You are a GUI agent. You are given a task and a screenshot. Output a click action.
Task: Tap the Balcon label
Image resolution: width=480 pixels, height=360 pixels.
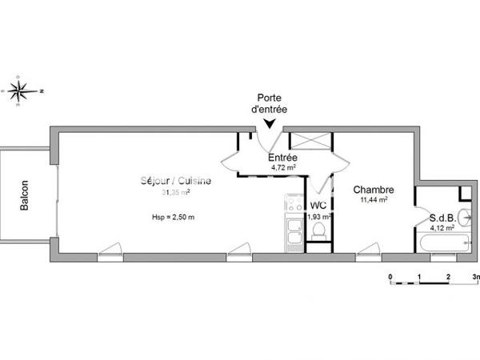click(x=26, y=194)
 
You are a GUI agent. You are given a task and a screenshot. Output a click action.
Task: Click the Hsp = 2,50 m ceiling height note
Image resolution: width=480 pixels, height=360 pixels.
click(x=173, y=218)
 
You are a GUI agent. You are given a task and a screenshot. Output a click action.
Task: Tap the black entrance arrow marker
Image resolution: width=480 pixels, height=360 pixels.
click(x=272, y=122)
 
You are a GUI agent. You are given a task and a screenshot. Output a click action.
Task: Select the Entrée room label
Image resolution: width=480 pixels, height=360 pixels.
click(x=282, y=157)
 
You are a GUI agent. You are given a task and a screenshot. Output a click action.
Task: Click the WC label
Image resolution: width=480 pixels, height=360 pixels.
click(x=318, y=206)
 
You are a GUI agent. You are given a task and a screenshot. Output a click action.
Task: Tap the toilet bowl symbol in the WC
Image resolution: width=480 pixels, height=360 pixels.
click(x=319, y=232)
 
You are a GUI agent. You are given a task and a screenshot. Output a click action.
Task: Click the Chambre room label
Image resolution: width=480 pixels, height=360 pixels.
click(x=373, y=190)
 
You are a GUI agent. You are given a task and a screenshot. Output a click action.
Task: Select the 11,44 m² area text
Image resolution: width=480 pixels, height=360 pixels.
click(x=374, y=201)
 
